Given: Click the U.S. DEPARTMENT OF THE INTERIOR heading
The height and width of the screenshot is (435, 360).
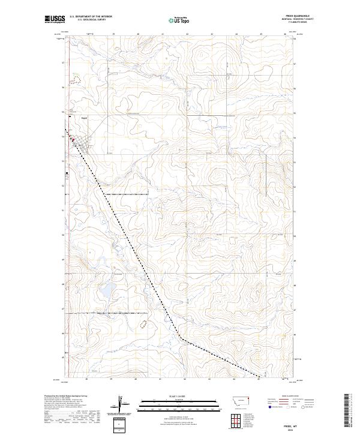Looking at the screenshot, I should point(91,17).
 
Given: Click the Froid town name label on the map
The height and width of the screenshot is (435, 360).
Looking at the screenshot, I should point(85,118).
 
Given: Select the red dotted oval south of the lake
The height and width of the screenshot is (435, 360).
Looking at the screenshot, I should point(144,324).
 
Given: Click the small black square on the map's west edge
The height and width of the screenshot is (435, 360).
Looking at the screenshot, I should point(67,173).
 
